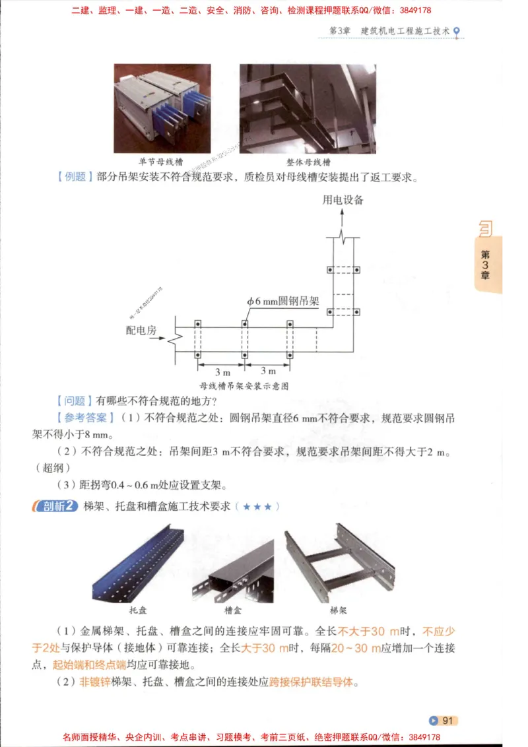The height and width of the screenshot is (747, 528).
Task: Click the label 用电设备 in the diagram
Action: pos(343,199)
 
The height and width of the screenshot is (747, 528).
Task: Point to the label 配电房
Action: pos(141,330)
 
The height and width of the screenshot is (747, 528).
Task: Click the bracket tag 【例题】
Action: pos(73,177)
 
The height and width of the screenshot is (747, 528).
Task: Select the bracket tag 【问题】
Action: pos(73,401)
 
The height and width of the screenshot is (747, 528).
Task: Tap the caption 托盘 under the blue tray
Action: pos(138,610)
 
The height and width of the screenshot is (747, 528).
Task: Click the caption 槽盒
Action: pos(233,610)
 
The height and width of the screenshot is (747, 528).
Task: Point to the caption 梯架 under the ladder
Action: pos(338,610)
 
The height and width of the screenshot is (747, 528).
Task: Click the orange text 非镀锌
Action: pos(95,682)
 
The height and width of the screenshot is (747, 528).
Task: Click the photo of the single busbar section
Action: pos(162,108)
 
